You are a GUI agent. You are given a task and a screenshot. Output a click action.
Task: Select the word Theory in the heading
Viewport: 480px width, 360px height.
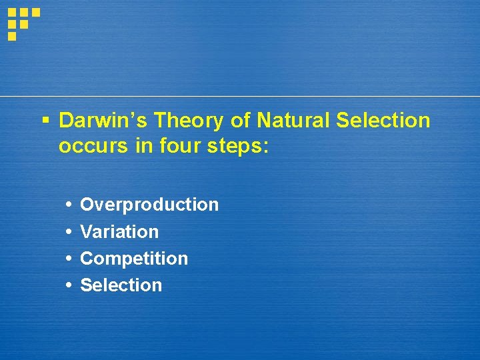[x=179, y=121]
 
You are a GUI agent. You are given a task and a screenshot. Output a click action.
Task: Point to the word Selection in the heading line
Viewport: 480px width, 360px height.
[x=383, y=121]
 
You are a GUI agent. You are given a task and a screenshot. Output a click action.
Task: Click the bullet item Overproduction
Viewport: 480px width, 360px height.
[x=149, y=205]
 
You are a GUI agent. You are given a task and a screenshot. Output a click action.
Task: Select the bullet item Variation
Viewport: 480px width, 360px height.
[x=119, y=232]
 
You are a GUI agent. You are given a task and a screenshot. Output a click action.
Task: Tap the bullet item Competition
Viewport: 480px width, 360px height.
[x=134, y=259]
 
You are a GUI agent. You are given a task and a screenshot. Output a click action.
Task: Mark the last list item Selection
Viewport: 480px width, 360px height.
[x=121, y=285]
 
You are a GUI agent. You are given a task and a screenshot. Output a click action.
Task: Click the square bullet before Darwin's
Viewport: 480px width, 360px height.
[x=45, y=121]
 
